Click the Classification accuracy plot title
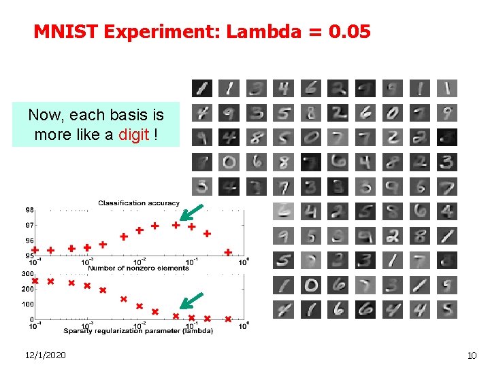point(139,203)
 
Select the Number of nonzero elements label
point(139,268)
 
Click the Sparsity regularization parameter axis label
point(139,331)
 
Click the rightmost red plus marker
point(228,252)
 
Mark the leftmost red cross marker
point(35,281)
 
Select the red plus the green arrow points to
point(176,224)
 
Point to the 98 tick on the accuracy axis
point(30,209)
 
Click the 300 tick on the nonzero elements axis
point(28,274)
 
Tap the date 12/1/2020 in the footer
point(45,355)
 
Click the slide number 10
point(472,355)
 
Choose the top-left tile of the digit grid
point(201,88)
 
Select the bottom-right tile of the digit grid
point(446,309)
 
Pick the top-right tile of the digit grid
point(446,88)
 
